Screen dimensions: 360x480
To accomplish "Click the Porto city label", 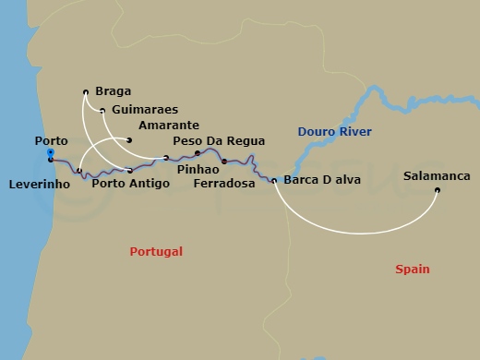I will (x=50, y=140).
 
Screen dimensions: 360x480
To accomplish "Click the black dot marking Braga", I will (x=86, y=91).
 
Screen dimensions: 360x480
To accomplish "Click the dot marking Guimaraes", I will (x=102, y=110).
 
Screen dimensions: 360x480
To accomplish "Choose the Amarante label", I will (x=162, y=126).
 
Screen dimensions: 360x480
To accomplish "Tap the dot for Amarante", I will (x=129, y=140).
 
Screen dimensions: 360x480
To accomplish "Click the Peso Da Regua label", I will (x=220, y=141).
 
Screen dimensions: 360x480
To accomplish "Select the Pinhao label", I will (x=197, y=170).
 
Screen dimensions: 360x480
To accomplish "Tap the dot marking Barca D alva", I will (x=274, y=180).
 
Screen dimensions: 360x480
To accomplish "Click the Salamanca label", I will (x=438, y=175).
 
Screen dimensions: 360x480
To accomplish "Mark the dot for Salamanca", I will (x=438, y=191).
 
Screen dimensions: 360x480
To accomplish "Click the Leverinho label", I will (x=41, y=183).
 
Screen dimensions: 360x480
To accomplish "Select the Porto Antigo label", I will (x=130, y=183).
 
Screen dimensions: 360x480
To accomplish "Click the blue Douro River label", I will (x=334, y=133).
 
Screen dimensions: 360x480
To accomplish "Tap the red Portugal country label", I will (x=156, y=251).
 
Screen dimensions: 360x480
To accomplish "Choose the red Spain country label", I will (x=412, y=269).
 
